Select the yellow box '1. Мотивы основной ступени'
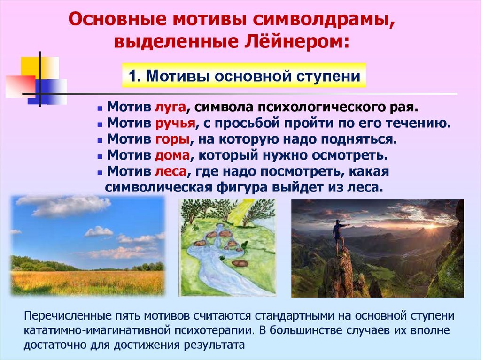(x=244, y=76)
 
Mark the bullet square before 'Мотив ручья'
(x=100, y=124)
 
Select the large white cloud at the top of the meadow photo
(x=70, y=206)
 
